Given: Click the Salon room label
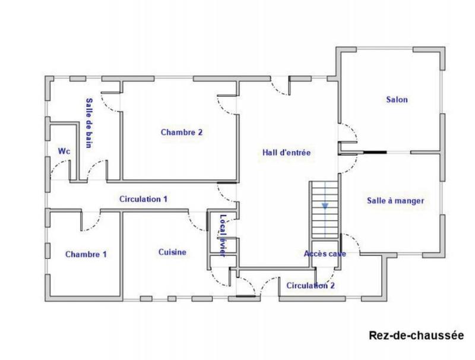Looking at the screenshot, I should point(397,100).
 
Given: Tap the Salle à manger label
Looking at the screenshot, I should point(395,201).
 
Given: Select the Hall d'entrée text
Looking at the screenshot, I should point(287,153).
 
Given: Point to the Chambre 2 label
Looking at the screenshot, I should point(181,132).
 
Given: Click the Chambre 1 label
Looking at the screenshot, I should point(86,254).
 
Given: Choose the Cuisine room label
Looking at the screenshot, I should point(172,252).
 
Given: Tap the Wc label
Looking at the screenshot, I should point(64,151).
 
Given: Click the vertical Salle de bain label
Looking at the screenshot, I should point(89,123).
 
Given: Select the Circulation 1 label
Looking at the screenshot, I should point(143,199).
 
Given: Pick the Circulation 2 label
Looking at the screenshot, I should point(311,286).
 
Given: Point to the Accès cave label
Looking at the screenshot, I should point(325,254).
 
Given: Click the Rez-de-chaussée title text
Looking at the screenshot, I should point(416,336).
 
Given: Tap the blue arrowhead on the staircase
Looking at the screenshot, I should point(325,206).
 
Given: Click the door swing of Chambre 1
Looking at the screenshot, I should point(89,222).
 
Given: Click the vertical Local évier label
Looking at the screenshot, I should point(223,235).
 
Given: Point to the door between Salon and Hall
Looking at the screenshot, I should point(347,132).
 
